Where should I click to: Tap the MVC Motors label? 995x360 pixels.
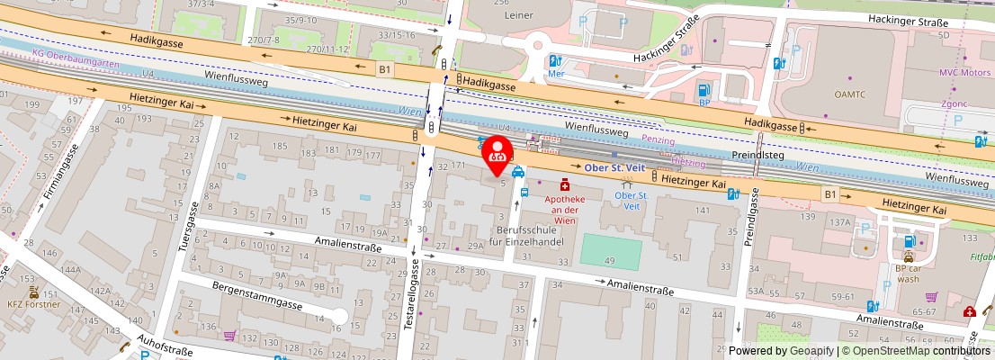tap(965, 72)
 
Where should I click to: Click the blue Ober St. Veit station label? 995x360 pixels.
tap(614, 166)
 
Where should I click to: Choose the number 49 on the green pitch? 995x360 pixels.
tap(611, 260)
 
